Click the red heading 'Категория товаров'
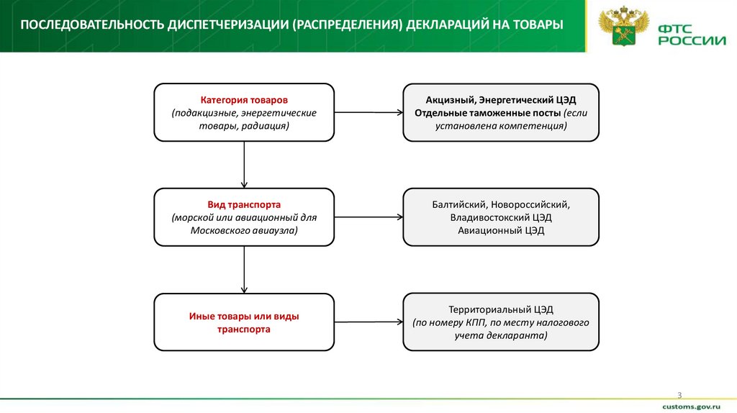(x=244, y=100)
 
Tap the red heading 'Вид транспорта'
(x=244, y=205)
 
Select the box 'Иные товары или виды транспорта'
(x=244, y=322)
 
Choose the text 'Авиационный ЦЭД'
(x=501, y=230)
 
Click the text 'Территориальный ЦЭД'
(x=501, y=310)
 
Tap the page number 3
(x=679, y=394)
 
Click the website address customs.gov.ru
(x=694, y=407)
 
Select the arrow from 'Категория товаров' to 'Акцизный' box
(x=368, y=112)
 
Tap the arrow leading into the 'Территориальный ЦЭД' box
(x=368, y=322)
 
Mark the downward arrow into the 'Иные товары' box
(x=245, y=269)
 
